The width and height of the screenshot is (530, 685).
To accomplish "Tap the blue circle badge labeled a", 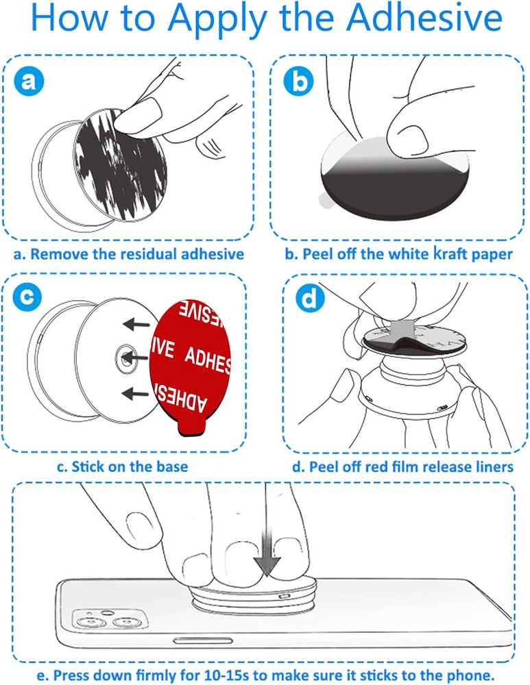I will click(x=28, y=83).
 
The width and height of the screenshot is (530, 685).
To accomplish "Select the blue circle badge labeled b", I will click(x=298, y=83).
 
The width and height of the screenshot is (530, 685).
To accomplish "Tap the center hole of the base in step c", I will click(x=125, y=357).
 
